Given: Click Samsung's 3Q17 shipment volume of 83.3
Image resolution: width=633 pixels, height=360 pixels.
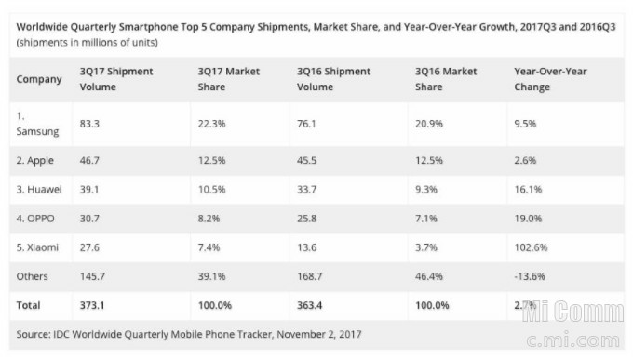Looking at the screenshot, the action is point(89,124).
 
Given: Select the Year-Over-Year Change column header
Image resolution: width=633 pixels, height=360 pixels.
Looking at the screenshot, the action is point(550,79).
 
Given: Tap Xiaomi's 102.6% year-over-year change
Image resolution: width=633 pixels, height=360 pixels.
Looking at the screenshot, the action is point(531,247).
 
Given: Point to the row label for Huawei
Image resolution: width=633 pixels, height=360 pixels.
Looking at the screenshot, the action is point(39,189).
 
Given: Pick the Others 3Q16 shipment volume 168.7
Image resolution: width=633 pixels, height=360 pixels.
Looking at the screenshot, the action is point(310,276).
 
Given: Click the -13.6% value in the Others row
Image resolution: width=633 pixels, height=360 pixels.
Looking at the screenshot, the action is point(530,276).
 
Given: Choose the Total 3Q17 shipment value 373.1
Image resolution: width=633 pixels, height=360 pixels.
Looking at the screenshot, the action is point(92,305).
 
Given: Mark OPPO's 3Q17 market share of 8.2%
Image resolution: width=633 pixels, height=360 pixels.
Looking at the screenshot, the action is point(209,219).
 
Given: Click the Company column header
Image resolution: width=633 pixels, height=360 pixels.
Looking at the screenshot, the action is point(39,79).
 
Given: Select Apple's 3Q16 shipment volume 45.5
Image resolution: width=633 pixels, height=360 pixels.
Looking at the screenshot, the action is point(307,160).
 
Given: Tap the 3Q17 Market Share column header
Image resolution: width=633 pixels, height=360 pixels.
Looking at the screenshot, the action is point(228,79).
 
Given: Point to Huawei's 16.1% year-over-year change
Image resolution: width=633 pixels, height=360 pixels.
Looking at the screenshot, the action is point(528,189).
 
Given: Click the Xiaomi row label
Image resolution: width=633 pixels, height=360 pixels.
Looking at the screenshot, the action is point(37,247).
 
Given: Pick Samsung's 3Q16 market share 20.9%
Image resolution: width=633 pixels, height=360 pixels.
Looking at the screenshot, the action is point(429,124).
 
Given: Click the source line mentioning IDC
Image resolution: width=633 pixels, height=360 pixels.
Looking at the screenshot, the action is point(189,334).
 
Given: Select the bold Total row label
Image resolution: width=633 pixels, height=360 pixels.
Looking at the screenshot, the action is point(28,305).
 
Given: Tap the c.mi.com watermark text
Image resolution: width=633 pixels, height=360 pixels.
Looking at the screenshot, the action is point(573,340).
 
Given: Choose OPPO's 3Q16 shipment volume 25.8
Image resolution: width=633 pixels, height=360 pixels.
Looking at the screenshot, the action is point(307,219).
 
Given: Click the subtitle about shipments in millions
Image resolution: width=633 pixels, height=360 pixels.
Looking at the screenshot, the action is point(87,43).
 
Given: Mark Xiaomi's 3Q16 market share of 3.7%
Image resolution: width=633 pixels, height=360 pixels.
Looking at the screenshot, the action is point(426,247).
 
